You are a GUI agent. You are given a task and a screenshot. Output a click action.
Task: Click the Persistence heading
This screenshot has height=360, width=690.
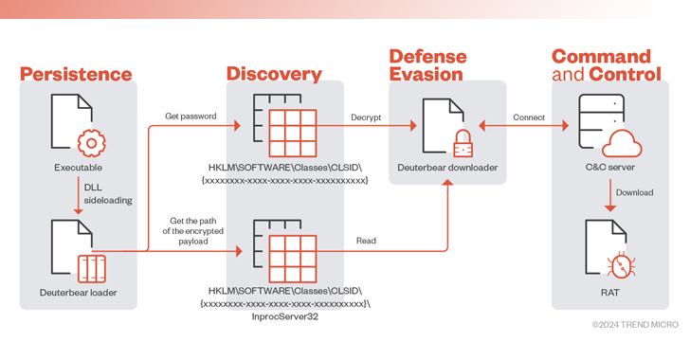coord(76,74)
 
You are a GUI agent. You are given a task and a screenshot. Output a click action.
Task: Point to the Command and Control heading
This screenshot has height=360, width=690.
coord(602,64)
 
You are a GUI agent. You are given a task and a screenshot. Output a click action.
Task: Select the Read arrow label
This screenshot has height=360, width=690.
coord(366,242)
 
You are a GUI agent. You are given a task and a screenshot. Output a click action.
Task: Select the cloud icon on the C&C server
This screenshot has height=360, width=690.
coord(623,145)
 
